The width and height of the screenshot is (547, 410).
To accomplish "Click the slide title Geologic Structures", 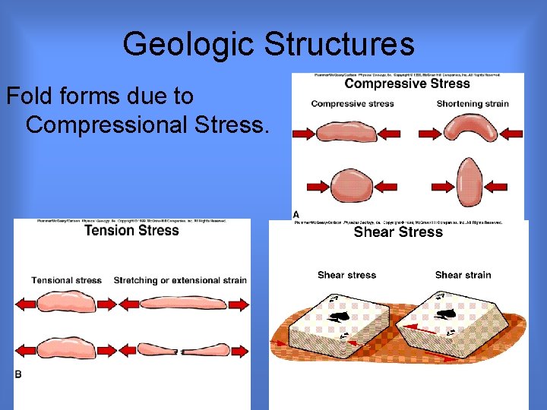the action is coord(268,44).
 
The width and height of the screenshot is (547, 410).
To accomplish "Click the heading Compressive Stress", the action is coord(406,84).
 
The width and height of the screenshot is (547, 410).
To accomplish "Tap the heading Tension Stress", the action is coord(131,231).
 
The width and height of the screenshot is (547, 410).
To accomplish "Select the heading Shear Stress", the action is coord(398,232).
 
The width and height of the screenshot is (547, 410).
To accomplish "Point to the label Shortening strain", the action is coord(473,104).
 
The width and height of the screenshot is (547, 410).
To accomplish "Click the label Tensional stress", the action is coord(67,280).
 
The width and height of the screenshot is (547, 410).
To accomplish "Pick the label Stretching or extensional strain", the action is coord(180,280).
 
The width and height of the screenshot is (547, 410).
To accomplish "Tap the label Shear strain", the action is coord(463,275).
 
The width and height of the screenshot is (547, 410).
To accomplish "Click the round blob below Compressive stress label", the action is coord(352,185).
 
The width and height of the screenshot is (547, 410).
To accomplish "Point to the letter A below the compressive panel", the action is coord(296,215).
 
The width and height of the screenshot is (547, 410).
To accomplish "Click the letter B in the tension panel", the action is coord(18,374).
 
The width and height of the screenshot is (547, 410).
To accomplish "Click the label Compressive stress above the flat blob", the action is coord(353,104).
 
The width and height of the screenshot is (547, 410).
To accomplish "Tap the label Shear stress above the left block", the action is coord(346,275).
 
